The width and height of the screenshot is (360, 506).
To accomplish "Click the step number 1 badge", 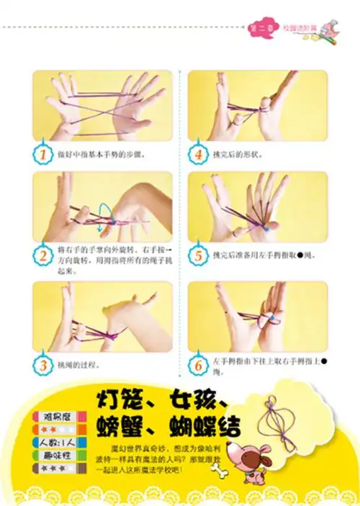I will (x=45, y=154).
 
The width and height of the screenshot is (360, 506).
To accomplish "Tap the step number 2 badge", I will (x=45, y=255).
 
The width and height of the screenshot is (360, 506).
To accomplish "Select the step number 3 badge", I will (x=45, y=365).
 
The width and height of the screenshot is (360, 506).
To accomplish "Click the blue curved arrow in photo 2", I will (x=107, y=211).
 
